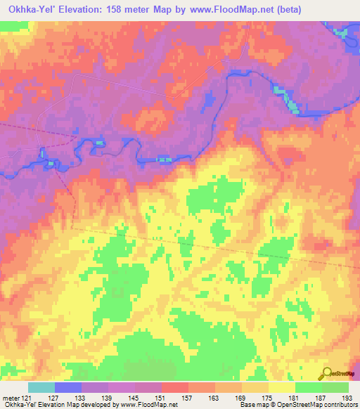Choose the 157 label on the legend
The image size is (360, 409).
(188, 398)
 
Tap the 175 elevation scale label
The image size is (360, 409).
(269, 398)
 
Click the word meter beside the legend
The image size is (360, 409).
(11, 398)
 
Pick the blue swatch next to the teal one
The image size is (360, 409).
(68, 387)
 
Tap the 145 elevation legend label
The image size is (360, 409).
(136, 398)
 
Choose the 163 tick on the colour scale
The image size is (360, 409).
(215, 398)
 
